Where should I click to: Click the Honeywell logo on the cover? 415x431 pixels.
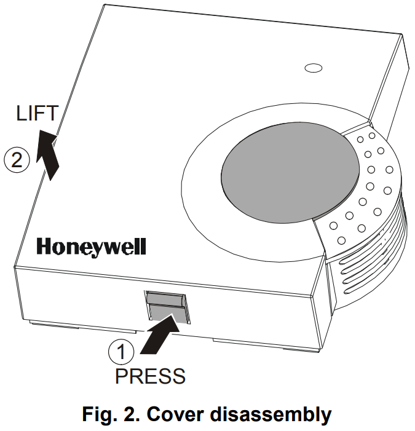click(x=92, y=247)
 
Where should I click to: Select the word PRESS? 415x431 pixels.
click(x=150, y=375)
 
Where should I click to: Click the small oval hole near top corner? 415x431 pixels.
click(x=314, y=67)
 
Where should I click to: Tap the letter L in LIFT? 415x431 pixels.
click(x=21, y=113)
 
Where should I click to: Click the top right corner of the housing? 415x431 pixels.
click(x=403, y=35)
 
